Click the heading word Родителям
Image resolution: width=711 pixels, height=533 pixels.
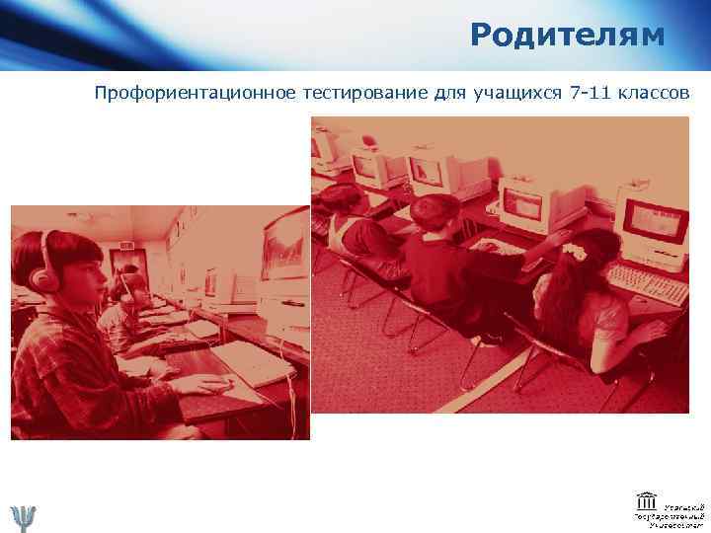pyautogui.click(x=568, y=36)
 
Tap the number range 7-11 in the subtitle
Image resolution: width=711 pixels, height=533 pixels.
pyautogui.click(x=589, y=95)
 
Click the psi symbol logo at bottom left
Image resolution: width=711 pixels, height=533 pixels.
pyautogui.click(x=22, y=515)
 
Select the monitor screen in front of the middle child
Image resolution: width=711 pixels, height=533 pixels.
pyautogui.click(x=523, y=204)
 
